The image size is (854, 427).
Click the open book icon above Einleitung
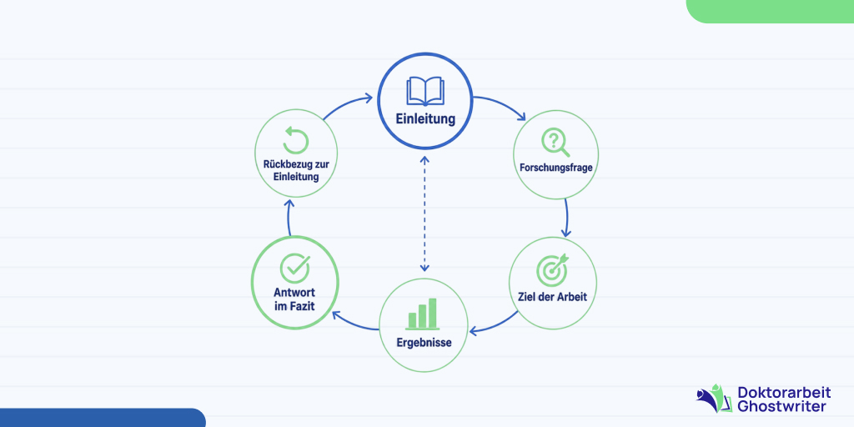tap(425, 92)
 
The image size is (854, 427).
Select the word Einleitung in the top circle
tap(425, 119)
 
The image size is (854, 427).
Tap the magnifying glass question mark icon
tap(555, 143)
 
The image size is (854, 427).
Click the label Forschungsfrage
tap(555, 168)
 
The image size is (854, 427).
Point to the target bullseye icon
tap(552, 268)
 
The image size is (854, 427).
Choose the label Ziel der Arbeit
tap(552, 299)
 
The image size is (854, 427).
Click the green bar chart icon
tap(423, 314)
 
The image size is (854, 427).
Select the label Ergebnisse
tap(423, 344)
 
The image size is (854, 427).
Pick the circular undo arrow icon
tap(296, 140)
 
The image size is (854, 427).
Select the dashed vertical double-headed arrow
tap(424, 214)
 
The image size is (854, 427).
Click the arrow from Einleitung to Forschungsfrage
tap(504, 103)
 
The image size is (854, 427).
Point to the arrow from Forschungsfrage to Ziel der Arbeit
tap(567, 218)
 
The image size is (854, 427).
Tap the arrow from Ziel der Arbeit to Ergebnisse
tap(493, 324)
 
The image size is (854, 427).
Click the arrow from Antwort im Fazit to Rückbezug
tap(289, 218)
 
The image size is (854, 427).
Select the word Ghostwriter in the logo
tap(781, 406)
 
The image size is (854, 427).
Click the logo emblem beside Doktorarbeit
tap(715, 398)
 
